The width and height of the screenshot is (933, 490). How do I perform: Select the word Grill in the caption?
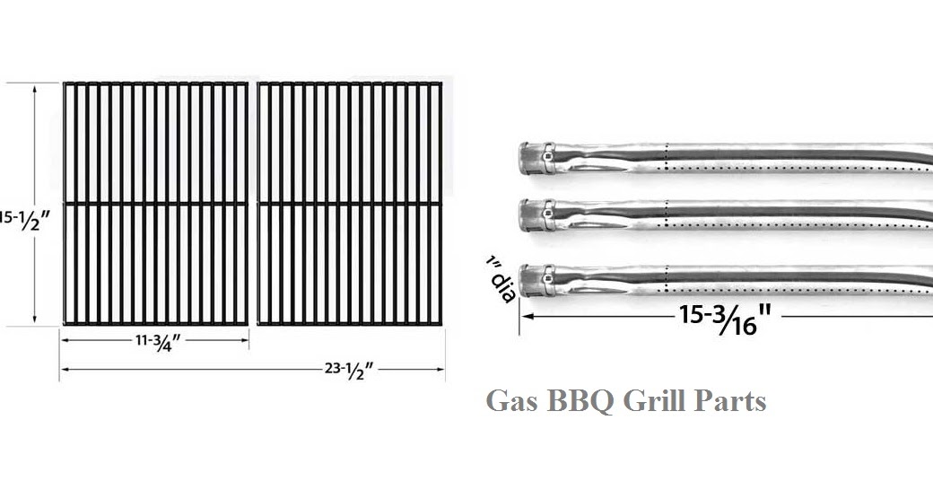(656, 400)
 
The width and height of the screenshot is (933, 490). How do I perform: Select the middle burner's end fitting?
(536, 214)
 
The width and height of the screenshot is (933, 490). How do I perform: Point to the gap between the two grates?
(253, 203)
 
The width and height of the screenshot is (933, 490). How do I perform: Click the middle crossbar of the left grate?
(156, 204)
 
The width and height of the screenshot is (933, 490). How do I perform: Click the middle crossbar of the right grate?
(350, 204)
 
